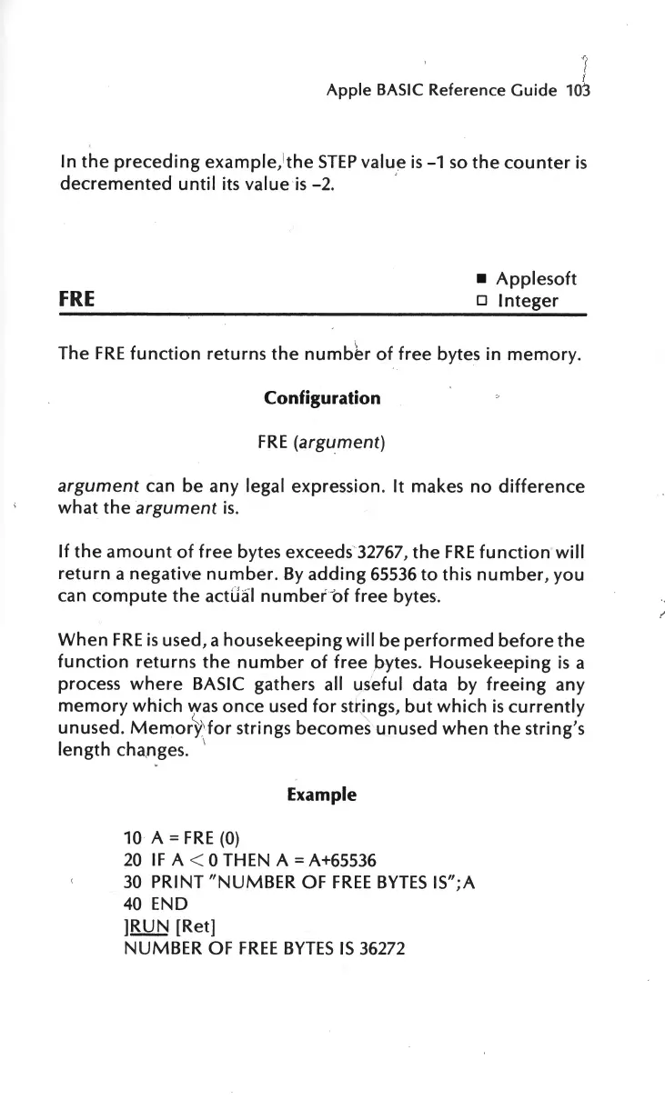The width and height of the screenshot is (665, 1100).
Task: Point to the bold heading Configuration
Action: [322, 398]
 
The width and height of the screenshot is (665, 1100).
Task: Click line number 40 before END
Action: [133, 905]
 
